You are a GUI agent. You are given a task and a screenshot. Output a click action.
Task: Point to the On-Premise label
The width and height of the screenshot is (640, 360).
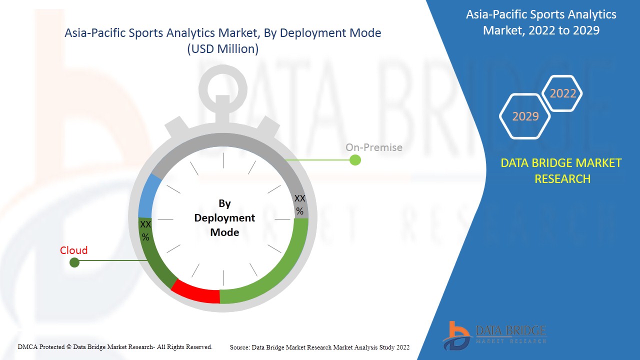373,147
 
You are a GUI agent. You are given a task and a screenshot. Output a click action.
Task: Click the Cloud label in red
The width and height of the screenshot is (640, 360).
74,250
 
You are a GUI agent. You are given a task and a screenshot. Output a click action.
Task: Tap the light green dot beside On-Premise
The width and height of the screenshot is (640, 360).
355,160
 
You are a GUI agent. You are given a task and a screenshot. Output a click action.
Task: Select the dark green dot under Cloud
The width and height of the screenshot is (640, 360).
74,262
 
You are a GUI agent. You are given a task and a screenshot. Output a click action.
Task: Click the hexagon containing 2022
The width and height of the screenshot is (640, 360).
562,93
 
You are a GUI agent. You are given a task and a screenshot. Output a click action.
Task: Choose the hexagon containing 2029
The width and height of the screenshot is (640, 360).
525,116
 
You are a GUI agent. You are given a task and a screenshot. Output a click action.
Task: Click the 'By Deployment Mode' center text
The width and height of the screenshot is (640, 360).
224,218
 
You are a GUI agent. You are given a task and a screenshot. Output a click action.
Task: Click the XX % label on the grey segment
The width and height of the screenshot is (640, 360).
299,205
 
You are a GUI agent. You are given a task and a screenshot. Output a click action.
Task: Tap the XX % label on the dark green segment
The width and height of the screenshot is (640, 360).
145,230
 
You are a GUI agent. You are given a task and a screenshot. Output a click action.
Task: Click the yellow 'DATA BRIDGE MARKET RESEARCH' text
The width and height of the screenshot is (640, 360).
561,170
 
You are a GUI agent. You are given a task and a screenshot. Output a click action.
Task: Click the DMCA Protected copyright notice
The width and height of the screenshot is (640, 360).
115,347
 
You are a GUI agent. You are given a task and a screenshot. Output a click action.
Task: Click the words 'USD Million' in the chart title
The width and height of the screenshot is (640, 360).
223,49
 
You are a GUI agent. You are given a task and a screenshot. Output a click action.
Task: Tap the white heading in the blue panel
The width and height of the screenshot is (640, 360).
541,22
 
